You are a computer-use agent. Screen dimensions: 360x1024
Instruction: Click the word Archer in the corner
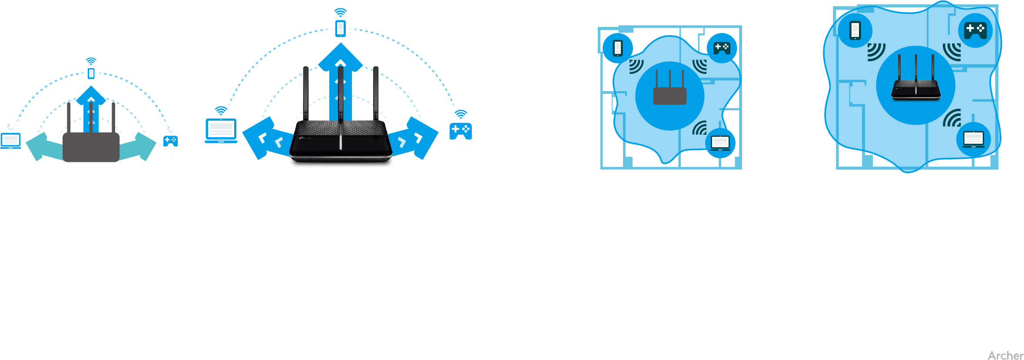coord(1005,355)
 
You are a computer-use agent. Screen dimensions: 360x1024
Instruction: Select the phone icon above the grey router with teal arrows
coord(91,73)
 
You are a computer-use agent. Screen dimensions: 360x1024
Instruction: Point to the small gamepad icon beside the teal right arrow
coord(170,141)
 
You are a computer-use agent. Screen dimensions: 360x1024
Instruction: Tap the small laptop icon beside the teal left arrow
coord(11,141)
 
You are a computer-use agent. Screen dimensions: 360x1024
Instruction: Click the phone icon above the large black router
coord(341,29)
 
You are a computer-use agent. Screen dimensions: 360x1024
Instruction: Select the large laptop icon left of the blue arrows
coord(221,130)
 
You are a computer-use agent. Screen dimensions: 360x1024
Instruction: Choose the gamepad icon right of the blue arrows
coord(461,131)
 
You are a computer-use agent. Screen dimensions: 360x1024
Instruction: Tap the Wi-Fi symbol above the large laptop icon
coord(221,111)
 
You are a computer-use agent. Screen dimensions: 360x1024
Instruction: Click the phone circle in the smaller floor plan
coord(617,48)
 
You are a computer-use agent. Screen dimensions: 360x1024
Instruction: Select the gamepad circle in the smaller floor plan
coord(722,48)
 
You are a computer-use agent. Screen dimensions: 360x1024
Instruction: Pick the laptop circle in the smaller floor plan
coord(720,143)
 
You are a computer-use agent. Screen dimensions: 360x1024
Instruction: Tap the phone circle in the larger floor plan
coord(855,30)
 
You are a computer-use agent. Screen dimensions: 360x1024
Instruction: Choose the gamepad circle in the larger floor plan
coord(975,30)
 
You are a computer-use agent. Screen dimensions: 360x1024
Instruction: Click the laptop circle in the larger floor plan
coord(974,139)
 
